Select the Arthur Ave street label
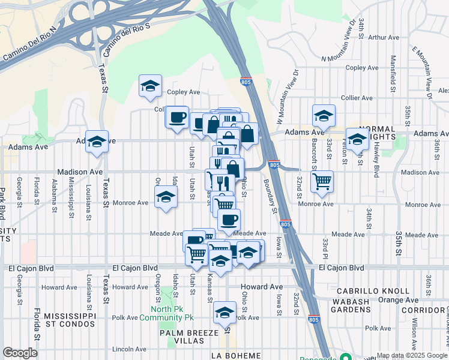click(x=385, y=37)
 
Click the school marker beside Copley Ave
click(x=150, y=85)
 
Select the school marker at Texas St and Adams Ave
click(x=96, y=142)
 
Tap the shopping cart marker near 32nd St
click(x=322, y=181)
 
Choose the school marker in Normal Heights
click(x=358, y=140)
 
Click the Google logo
click(x=20, y=353)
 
